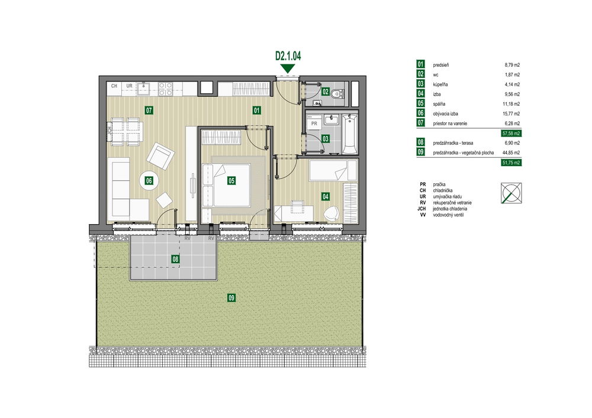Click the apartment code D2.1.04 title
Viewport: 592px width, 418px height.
(288, 56)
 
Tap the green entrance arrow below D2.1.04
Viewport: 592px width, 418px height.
(288, 69)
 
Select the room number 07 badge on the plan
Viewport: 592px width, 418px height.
(149, 111)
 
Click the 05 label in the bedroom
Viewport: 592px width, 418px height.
(231, 180)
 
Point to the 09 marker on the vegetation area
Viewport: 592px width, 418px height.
(231, 298)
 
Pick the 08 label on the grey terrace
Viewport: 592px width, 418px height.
(175, 259)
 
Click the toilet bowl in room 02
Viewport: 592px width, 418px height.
(336, 93)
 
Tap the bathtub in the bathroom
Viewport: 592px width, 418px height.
(350, 134)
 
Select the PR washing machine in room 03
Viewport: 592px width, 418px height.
(314, 123)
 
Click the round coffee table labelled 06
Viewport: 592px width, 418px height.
(149, 180)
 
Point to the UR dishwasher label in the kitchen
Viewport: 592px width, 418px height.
(130, 86)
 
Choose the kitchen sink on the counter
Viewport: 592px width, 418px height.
(143, 89)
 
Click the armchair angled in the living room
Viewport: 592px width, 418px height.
(160, 156)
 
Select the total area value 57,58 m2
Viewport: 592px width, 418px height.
(511, 133)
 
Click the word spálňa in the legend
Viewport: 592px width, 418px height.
(439, 104)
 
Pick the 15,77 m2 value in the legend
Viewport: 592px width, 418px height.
(512, 114)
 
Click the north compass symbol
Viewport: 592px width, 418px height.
(511, 193)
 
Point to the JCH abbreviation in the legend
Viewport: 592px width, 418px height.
(422, 209)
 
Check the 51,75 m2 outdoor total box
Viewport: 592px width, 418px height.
(511, 163)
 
